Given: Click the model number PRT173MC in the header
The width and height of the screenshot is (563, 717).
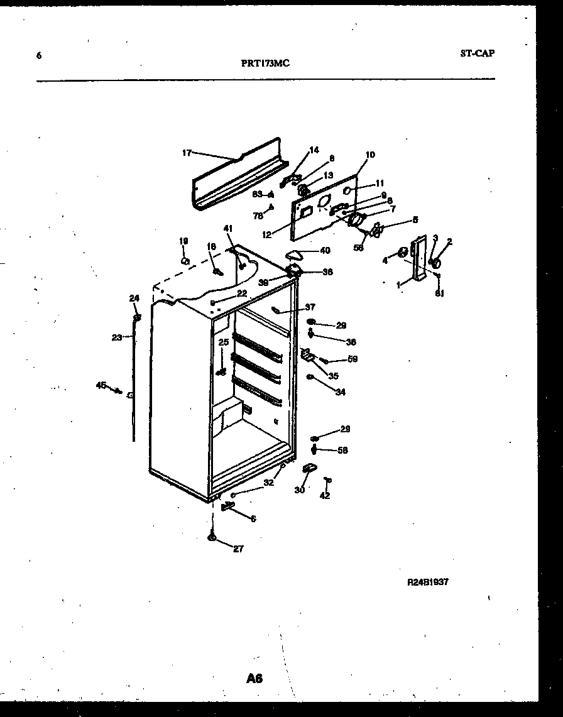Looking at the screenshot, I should [x=265, y=63].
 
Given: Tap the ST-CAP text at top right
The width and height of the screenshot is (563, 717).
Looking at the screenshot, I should [x=476, y=53].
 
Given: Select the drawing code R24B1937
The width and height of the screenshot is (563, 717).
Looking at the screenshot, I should [x=428, y=582].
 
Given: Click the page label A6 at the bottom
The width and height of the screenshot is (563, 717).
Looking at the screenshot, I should [x=254, y=678].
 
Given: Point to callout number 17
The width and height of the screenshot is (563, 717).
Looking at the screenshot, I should [x=187, y=152].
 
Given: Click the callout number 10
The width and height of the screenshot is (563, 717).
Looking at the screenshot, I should [x=369, y=155].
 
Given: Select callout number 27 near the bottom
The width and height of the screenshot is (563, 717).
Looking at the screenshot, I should [x=238, y=549].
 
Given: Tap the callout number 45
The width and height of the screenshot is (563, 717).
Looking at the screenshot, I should [x=101, y=385].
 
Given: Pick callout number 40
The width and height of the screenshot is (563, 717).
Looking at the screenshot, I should [x=324, y=250].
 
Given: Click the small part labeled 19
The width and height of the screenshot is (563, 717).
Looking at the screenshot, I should [x=184, y=260].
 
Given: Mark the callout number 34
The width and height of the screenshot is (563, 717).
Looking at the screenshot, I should [x=340, y=392].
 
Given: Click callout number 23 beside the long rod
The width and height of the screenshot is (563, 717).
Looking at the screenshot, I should [x=117, y=337].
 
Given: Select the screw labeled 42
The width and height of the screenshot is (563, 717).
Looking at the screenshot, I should [x=326, y=481].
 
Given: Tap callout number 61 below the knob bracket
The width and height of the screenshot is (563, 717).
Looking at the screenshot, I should [x=439, y=292].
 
